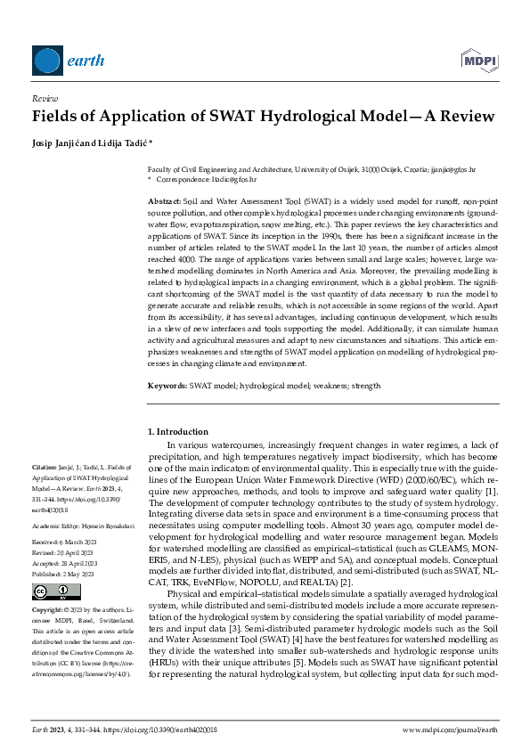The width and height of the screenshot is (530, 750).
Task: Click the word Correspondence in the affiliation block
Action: pyautogui.click(x=183, y=178)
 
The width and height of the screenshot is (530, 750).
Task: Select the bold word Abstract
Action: pyautogui.click(x=165, y=203)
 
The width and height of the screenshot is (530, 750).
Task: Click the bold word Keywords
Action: pyautogui.click(x=167, y=386)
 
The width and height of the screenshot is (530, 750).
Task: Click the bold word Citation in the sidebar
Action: pyautogui.click(x=44, y=466)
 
